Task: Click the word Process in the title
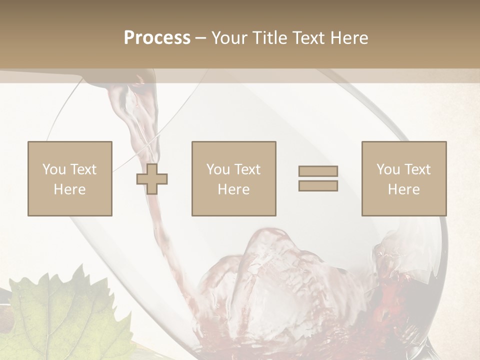[x=157, y=38]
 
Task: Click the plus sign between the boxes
[x=152, y=179]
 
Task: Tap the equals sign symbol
[x=318, y=178]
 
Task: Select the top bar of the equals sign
[x=318, y=171]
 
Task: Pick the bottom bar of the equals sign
[x=318, y=186]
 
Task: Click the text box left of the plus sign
[x=69, y=178]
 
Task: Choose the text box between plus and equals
[x=233, y=178]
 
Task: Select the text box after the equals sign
[x=403, y=178]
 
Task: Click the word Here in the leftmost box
[x=69, y=189]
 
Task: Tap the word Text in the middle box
[x=247, y=169]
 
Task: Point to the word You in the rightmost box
[x=388, y=169]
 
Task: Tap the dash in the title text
[x=201, y=38]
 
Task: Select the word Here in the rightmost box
[x=403, y=189]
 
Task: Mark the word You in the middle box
[x=218, y=169]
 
